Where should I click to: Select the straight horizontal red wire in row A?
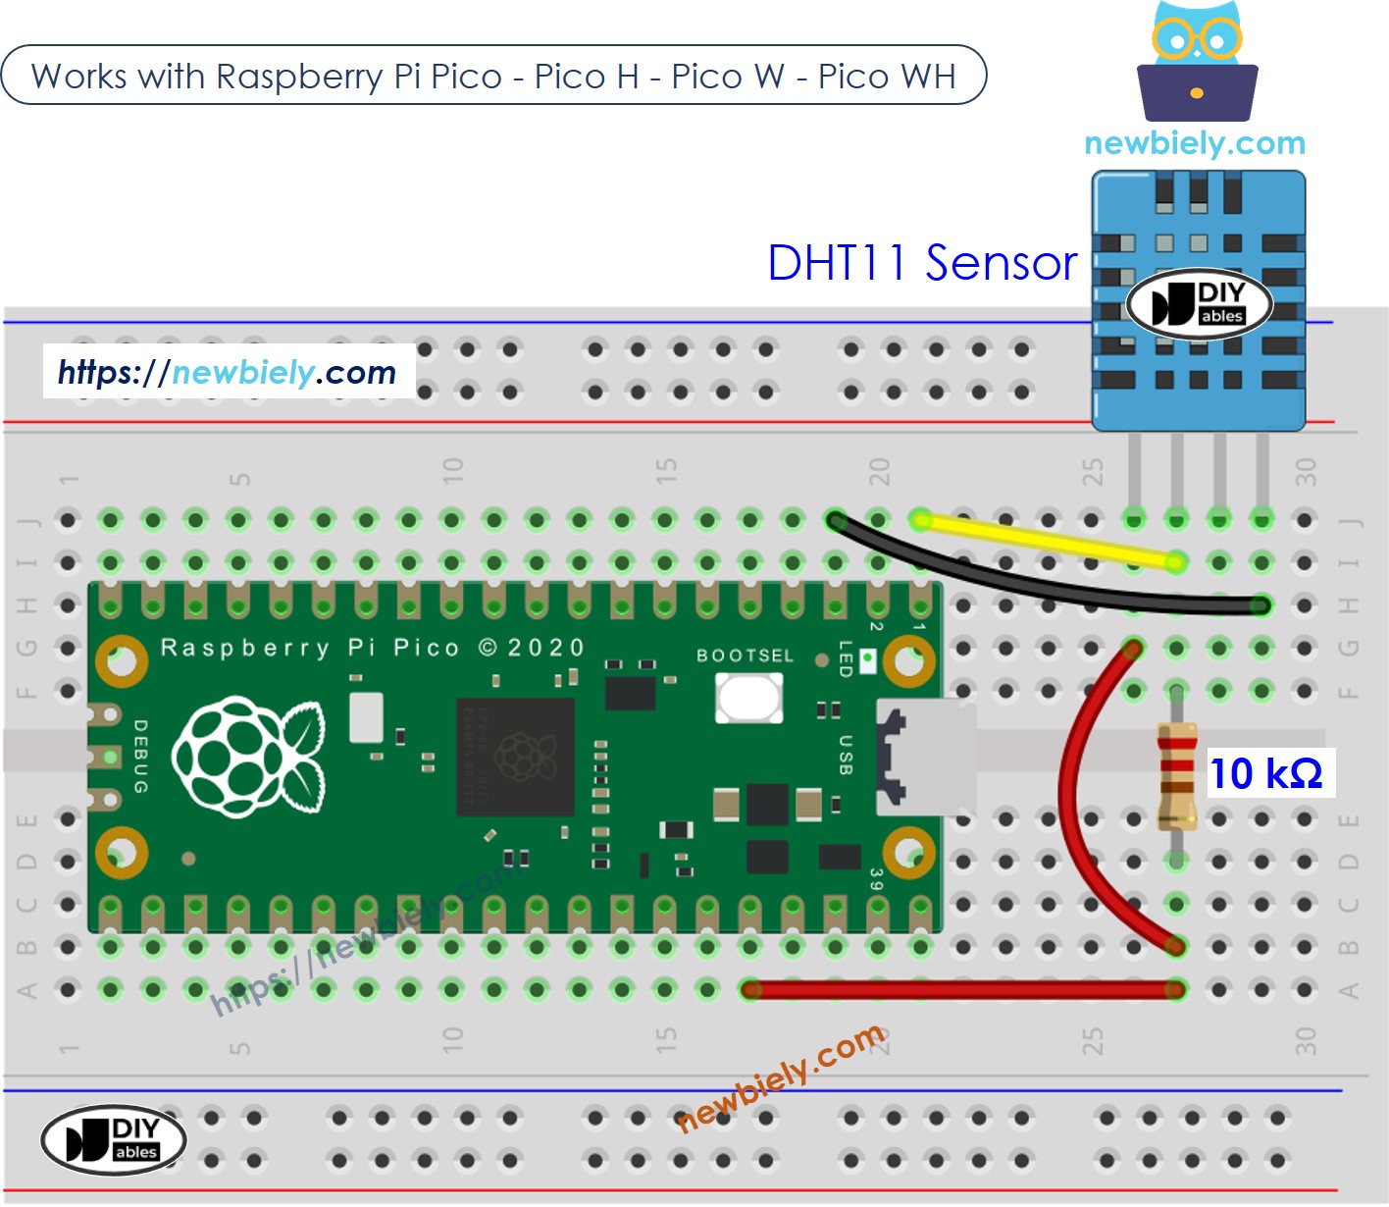(x=961, y=990)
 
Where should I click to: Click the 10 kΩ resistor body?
(x=1176, y=775)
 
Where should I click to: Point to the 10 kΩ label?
(x=1266, y=773)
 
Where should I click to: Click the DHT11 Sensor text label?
(x=922, y=263)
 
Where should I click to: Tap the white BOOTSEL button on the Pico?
(x=749, y=698)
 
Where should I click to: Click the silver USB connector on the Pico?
(x=925, y=757)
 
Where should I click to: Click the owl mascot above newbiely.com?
(x=1197, y=65)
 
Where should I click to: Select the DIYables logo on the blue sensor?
(x=1199, y=303)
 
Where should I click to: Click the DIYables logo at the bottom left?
(x=114, y=1139)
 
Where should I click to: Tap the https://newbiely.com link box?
(x=228, y=372)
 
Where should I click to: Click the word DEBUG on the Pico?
(x=140, y=756)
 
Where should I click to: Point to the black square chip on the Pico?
(x=515, y=757)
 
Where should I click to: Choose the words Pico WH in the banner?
(x=887, y=76)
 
